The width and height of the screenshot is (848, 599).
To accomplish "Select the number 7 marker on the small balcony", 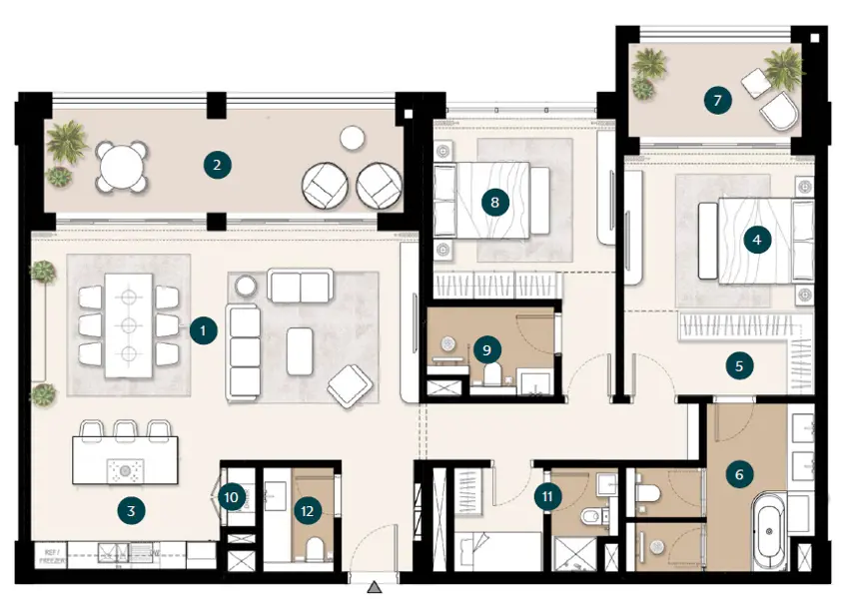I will point(716,100).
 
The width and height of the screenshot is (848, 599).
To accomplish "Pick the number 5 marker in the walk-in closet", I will point(738,366).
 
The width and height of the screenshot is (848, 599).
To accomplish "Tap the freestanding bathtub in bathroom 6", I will point(768,533).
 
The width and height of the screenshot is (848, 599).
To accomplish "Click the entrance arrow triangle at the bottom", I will point(374,587).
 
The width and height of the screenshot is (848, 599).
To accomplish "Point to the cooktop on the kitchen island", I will point(125,471).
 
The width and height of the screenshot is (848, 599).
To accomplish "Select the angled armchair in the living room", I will point(347,386).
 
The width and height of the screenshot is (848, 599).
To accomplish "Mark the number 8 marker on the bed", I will point(493,203).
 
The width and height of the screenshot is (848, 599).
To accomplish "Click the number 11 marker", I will point(547,496).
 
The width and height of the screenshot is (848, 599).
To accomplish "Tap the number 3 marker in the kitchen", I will point(130,511).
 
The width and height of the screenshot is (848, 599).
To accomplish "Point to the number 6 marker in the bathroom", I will point(738,474).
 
